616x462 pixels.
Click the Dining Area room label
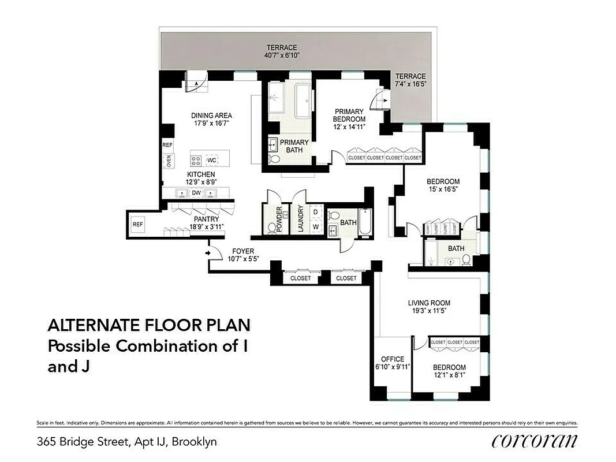211,115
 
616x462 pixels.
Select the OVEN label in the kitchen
169,161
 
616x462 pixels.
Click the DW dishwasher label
196,193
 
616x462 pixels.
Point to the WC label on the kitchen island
212,160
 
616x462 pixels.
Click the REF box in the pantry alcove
137,224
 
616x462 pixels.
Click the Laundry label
300,219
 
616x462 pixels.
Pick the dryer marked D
315,212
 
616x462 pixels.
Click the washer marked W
315,227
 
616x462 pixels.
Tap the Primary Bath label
294,146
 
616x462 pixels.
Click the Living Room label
429,303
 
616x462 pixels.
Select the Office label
393,359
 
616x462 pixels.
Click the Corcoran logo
534,442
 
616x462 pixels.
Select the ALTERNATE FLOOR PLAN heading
148,326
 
